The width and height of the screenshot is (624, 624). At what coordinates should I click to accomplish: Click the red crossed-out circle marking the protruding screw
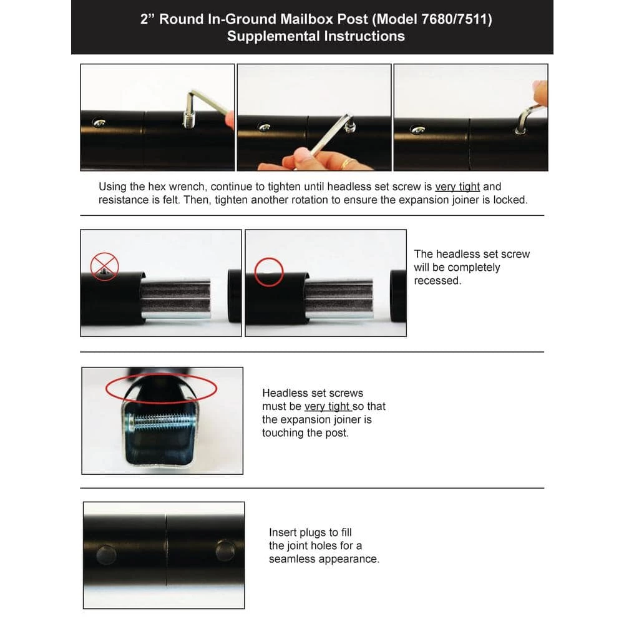pos(104,266)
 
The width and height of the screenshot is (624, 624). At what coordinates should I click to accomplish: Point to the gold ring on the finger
pos(347,163)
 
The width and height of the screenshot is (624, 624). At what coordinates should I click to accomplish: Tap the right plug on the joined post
pos(225,550)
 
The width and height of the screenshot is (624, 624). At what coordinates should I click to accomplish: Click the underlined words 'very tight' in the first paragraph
pos(457,187)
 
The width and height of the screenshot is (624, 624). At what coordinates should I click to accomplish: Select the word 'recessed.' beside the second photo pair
pos(437,281)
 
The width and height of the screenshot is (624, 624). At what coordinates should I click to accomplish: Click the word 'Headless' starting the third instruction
pos(285,393)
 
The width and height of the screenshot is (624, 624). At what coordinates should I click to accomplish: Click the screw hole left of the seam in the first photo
pos(99,122)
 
